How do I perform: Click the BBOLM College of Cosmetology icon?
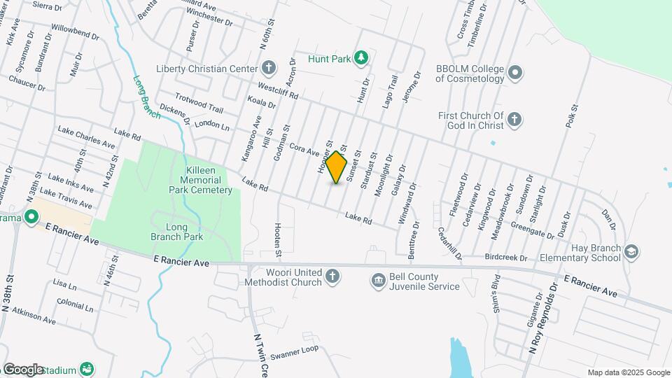point(515,72)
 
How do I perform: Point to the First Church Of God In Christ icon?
point(514,120)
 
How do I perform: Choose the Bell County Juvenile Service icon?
point(379,280)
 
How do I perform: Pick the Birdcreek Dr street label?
point(505,258)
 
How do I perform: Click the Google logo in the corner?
point(23,370)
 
